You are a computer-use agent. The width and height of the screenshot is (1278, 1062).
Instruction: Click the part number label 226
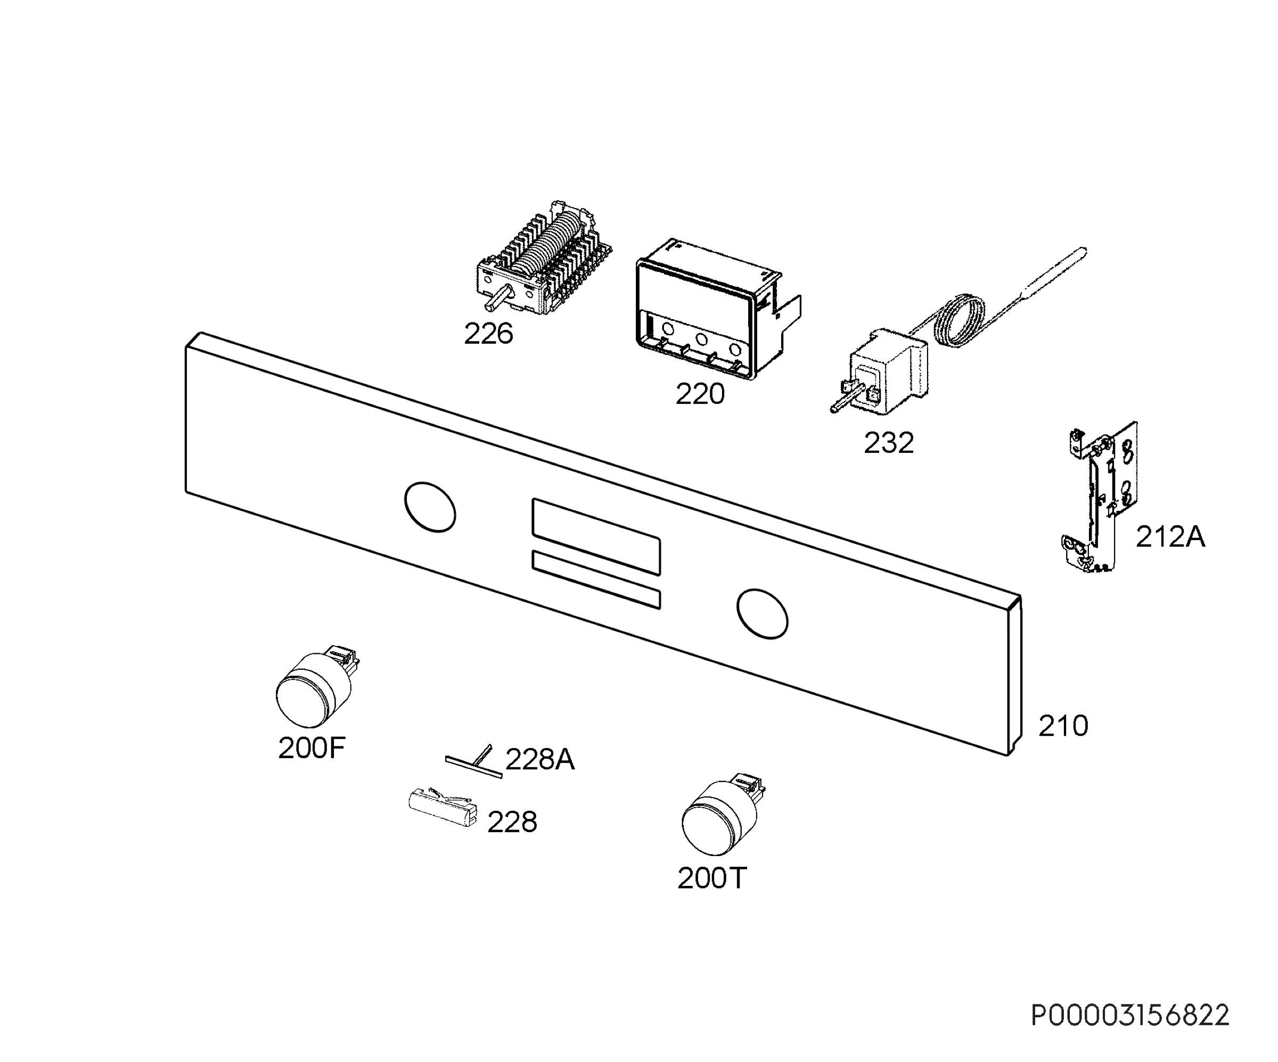(x=488, y=334)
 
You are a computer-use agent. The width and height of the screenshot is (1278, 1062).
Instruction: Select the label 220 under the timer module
(x=700, y=394)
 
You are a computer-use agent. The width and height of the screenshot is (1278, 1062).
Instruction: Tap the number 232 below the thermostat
(x=889, y=443)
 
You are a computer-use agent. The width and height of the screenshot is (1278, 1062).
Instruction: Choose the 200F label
(x=312, y=748)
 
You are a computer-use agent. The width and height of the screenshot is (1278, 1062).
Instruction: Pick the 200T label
(x=711, y=878)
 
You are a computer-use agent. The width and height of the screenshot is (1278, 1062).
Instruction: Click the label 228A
(x=540, y=760)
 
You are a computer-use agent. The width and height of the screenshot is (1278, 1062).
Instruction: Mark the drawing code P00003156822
(x=1130, y=1016)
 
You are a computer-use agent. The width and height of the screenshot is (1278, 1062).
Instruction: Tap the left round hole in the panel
(x=430, y=507)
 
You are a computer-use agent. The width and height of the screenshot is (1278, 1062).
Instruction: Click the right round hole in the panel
(x=762, y=613)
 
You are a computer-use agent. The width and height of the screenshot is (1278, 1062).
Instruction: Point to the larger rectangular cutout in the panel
(x=596, y=537)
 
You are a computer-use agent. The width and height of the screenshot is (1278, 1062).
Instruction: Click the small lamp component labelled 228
(x=443, y=807)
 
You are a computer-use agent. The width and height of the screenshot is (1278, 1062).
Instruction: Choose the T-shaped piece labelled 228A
(x=474, y=762)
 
